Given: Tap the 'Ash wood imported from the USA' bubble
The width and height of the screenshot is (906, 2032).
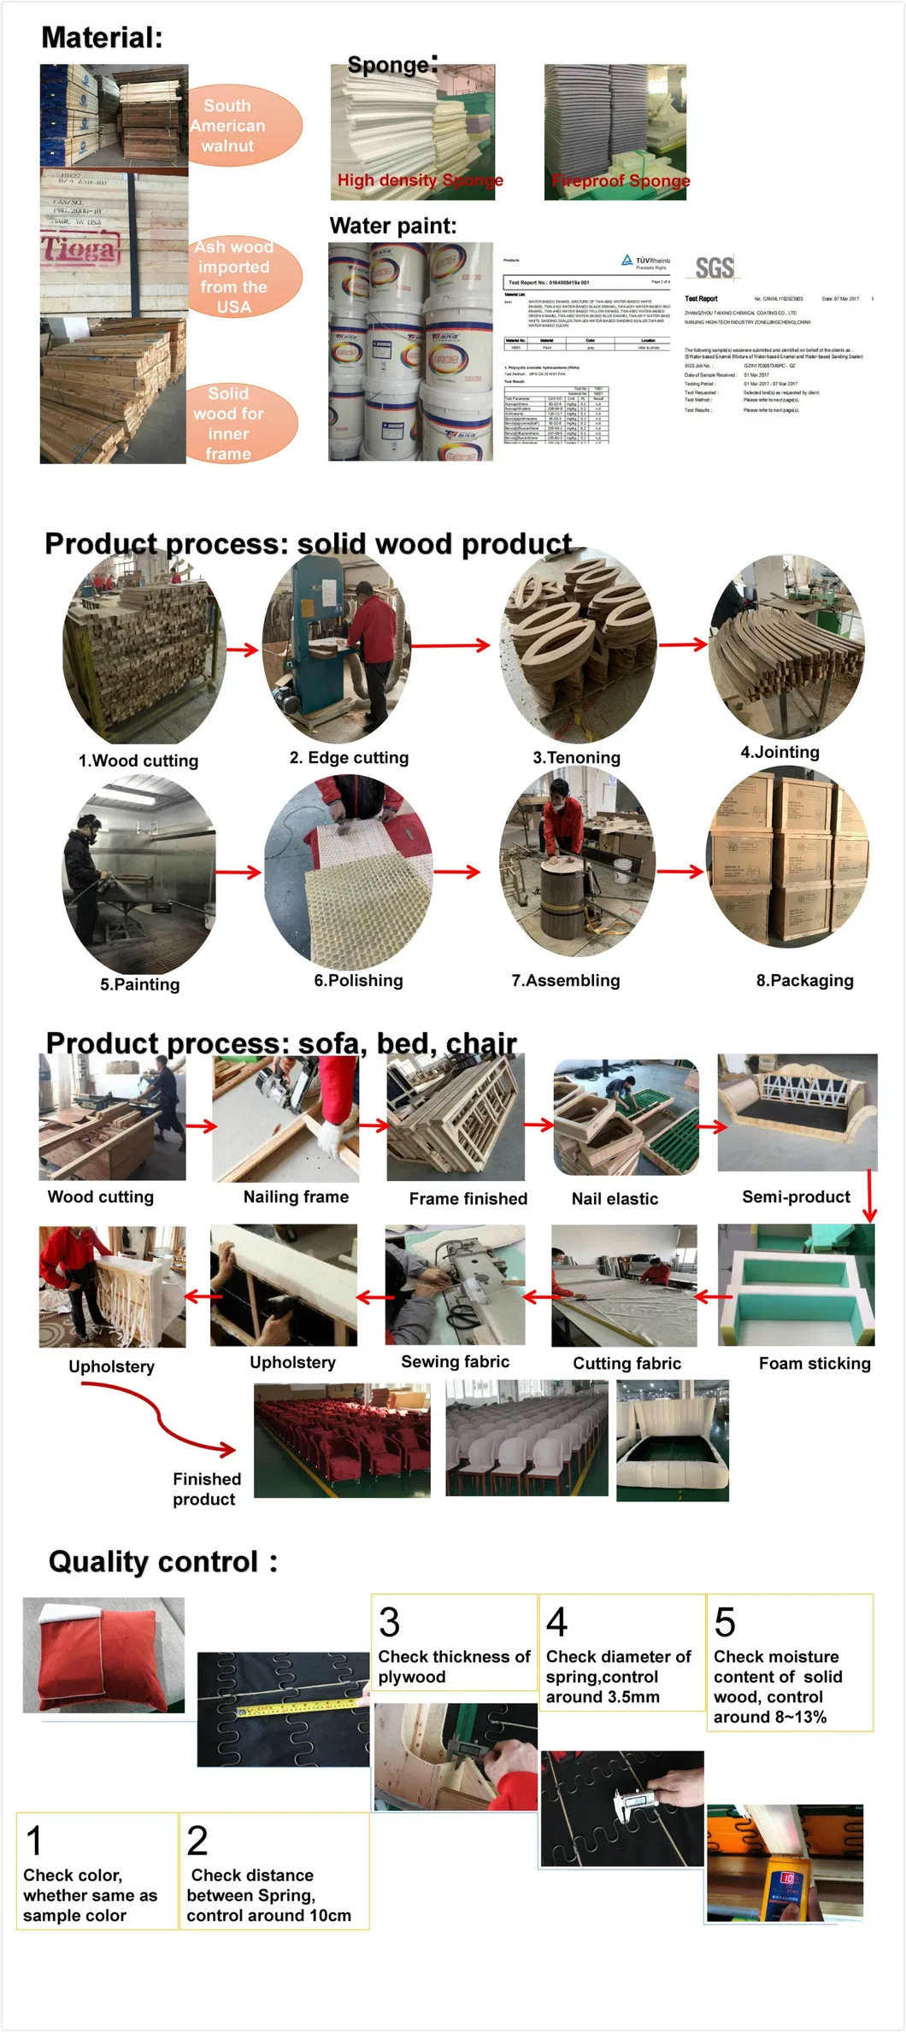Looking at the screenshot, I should [244, 276].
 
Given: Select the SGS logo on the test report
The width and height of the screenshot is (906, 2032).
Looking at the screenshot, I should [714, 268].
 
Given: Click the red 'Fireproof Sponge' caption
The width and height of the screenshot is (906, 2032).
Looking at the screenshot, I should [621, 180].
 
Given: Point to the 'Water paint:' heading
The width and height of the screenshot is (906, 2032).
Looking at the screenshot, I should [392, 226].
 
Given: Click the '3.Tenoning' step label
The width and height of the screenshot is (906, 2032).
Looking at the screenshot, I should [576, 757].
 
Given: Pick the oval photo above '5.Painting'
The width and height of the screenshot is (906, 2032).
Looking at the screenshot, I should [139, 873].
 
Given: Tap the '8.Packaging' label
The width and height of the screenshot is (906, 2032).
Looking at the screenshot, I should [804, 980].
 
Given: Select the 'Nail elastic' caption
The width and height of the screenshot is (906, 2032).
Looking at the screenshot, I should [615, 1198].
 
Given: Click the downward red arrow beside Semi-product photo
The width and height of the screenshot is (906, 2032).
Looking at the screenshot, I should [869, 1196].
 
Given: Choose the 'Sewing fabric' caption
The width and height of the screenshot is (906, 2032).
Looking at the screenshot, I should [455, 1361].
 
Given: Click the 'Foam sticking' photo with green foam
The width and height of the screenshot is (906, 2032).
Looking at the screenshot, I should [796, 1284].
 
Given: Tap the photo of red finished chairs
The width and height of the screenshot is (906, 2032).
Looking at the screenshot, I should [342, 1440].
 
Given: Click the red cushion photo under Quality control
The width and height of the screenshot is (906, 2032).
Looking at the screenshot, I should [103, 1654].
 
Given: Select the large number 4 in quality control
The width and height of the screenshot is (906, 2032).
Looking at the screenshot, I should [556, 1621].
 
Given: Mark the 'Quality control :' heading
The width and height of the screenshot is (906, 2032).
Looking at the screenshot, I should [162, 1561].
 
